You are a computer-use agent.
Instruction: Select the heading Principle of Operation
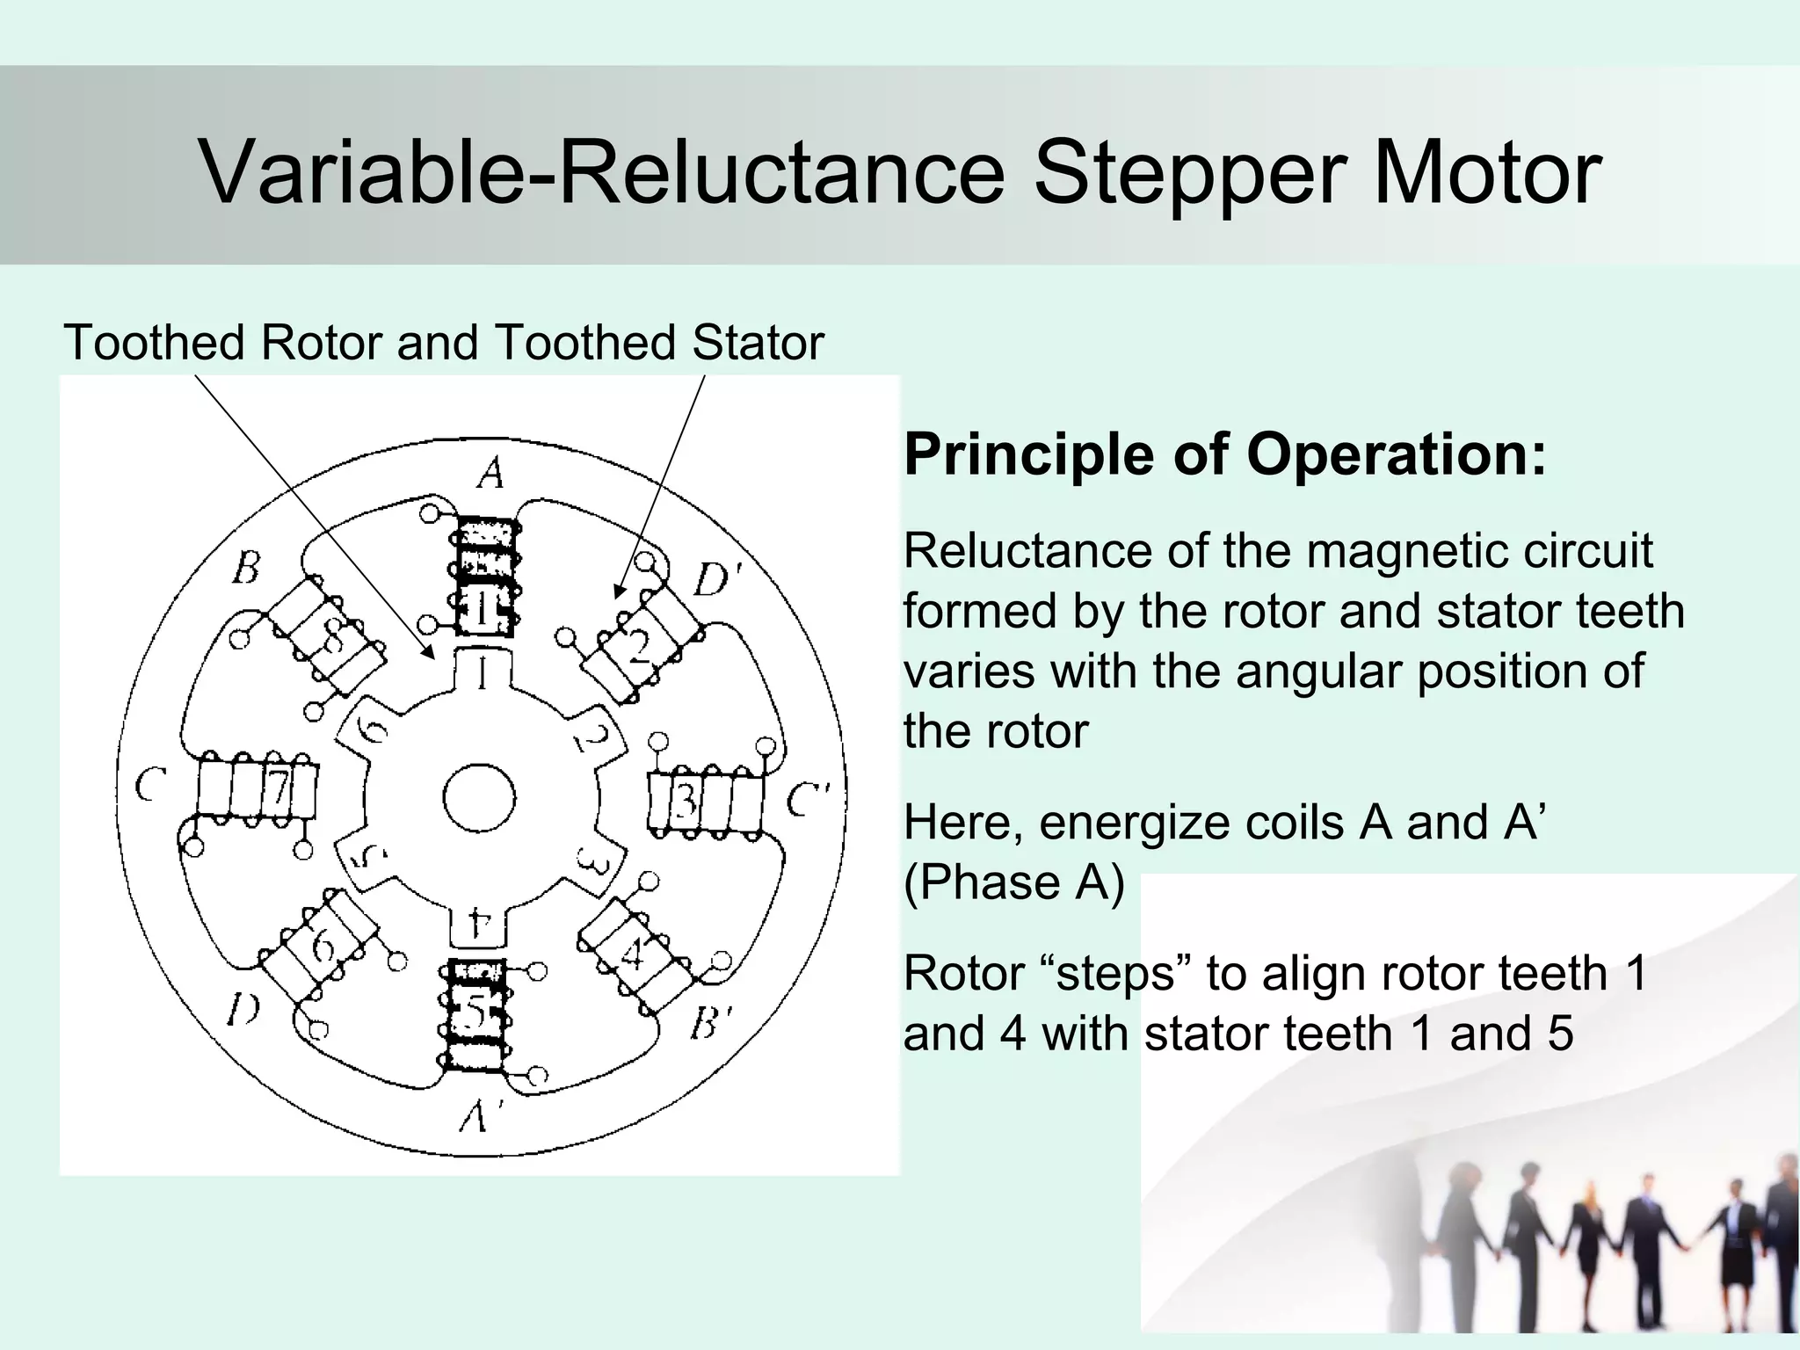click(x=1224, y=454)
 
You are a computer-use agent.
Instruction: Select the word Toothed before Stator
click(x=585, y=343)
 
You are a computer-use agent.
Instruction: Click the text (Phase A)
click(x=1013, y=882)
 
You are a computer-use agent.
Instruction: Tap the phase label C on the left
click(x=151, y=785)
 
